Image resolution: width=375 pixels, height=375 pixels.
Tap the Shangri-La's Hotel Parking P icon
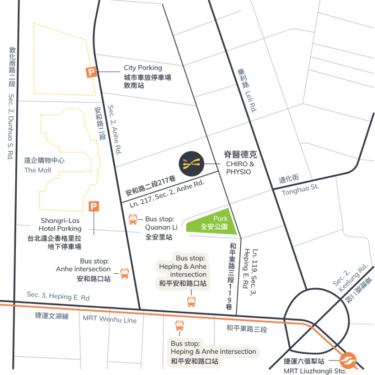coord(94,206)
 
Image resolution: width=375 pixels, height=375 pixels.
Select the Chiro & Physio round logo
coord(192,164)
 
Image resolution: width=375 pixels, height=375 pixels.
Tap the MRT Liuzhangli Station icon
coord(348,361)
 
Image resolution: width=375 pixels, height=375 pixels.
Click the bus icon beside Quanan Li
coord(133,220)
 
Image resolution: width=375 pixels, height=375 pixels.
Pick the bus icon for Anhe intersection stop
coord(124,273)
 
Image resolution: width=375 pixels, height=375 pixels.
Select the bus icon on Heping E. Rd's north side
coord(192,301)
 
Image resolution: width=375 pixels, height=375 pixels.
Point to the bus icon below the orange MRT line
coord(179,326)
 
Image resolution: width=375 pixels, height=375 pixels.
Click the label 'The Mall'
coord(37,170)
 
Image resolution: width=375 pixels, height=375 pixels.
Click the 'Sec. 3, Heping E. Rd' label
coord(58,295)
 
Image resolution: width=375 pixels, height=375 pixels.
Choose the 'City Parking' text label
coord(143,68)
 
